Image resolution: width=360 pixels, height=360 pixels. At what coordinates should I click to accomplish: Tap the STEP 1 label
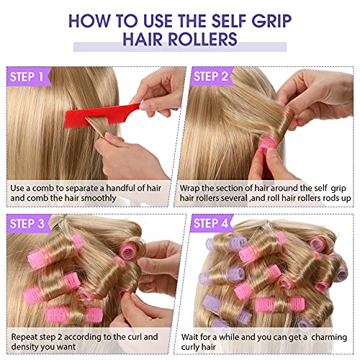click(27, 76)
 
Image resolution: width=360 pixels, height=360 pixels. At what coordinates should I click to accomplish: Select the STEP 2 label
click(210, 76)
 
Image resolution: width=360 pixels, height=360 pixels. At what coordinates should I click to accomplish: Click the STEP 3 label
click(27, 224)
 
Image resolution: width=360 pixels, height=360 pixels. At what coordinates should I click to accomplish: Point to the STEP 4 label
click(211, 223)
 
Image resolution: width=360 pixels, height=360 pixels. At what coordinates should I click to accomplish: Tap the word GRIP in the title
click(271, 21)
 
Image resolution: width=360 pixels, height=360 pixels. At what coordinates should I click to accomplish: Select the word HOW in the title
click(90, 21)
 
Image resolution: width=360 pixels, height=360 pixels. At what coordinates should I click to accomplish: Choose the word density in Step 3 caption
click(24, 347)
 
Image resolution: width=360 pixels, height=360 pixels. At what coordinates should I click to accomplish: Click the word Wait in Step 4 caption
click(189, 337)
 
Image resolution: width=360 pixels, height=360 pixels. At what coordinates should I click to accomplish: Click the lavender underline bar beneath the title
click(180, 47)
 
